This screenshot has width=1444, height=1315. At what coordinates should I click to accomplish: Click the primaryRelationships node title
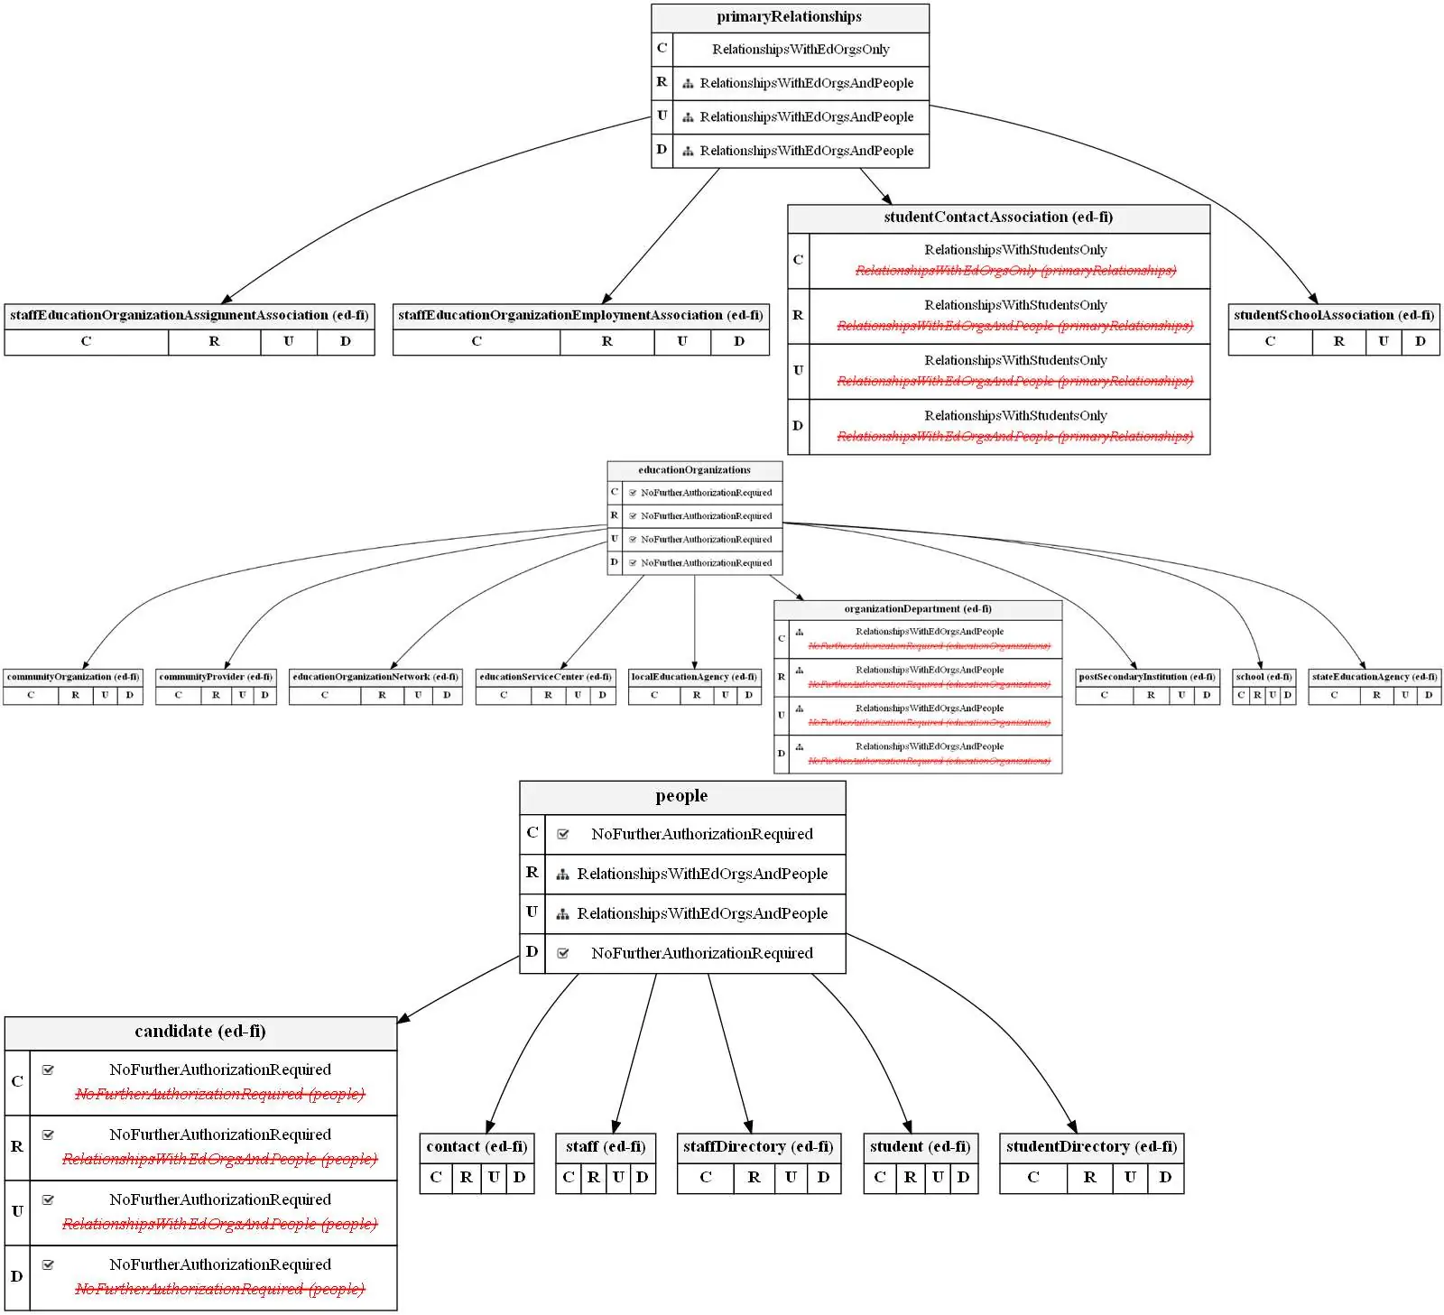tap(789, 17)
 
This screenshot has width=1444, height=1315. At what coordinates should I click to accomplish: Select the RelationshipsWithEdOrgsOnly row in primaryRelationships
tap(800, 50)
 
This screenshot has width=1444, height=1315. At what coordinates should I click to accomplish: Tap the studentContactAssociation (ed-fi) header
tap(997, 218)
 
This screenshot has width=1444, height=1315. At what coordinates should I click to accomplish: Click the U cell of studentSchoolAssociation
tap(1383, 341)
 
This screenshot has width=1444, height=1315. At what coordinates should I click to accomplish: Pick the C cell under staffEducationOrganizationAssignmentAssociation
tap(86, 341)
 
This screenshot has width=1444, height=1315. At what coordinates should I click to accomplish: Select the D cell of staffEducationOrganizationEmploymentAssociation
tap(738, 341)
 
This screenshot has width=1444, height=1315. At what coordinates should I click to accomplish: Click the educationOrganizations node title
tap(694, 470)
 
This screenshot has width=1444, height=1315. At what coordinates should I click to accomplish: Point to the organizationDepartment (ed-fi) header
tap(917, 609)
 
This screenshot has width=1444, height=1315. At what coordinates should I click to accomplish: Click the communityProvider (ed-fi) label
tap(215, 677)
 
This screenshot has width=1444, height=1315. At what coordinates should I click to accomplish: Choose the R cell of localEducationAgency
tap(696, 695)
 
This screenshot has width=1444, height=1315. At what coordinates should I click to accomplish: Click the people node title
tap(681, 796)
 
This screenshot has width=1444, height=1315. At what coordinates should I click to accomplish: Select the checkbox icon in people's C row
tap(562, 834)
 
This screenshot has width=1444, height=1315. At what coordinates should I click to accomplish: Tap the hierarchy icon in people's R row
tap(562, 874)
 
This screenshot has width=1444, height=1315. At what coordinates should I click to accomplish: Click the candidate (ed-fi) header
tap(199, 1032)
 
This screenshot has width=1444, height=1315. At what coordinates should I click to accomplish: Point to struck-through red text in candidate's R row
tap(219, 1159)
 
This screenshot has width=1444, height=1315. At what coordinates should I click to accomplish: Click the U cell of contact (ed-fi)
tap(494, 1177)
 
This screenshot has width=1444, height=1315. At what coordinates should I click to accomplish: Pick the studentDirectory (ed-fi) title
tap(1090, 1147)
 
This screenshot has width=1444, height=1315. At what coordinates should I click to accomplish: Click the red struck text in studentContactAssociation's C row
tap(1015, 271)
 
